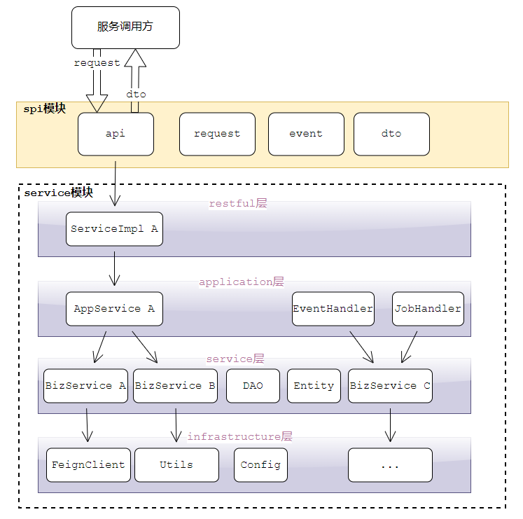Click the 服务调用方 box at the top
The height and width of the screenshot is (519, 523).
125,27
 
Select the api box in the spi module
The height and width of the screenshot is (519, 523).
116,134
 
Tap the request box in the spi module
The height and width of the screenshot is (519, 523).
217,134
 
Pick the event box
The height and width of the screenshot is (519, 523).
306,134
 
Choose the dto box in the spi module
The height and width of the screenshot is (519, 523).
391,134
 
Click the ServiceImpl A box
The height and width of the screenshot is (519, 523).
114,229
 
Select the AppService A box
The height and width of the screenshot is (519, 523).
114,309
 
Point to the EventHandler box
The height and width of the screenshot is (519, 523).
333,309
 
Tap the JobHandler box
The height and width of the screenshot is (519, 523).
428,309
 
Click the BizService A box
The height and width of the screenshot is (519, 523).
85,386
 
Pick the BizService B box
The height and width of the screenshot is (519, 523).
175,386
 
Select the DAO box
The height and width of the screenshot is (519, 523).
253,386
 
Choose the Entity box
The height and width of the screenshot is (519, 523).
314,386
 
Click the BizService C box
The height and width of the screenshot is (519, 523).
390,386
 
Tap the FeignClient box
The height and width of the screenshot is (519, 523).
88,465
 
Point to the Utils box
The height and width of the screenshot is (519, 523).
176,465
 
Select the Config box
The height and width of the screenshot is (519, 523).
260,465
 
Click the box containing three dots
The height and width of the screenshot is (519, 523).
390,465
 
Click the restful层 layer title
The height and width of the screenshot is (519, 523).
238,204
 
